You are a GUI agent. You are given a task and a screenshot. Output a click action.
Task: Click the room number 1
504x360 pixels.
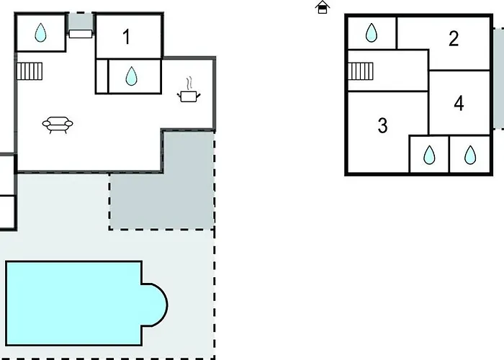127,37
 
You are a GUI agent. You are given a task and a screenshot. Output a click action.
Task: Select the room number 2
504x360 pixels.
454,39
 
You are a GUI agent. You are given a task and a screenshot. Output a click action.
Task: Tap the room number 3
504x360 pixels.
382,125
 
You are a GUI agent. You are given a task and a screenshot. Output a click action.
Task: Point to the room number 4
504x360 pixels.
459,104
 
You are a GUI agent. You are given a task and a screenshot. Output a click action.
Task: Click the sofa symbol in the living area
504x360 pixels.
58,125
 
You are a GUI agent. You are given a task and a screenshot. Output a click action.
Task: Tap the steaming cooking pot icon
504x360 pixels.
189,90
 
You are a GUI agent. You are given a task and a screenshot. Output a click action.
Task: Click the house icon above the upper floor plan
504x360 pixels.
323,7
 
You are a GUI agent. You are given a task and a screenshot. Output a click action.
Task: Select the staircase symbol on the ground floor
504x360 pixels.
30,71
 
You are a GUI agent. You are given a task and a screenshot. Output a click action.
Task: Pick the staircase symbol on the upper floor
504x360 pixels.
361,71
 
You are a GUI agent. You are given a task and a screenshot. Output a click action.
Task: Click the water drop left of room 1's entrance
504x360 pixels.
40,32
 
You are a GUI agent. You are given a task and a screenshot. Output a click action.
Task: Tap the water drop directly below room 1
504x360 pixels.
131,76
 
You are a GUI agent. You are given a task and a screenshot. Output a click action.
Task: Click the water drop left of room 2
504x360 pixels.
372,32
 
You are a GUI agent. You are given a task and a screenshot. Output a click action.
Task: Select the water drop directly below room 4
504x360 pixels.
429,155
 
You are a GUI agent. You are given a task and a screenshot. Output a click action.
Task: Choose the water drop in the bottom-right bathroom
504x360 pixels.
470,155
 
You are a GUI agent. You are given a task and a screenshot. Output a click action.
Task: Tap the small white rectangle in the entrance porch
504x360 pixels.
81,34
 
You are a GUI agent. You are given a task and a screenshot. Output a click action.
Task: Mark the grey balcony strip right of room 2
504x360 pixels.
498,78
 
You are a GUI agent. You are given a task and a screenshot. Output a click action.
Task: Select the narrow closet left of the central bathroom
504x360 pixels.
102,76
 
